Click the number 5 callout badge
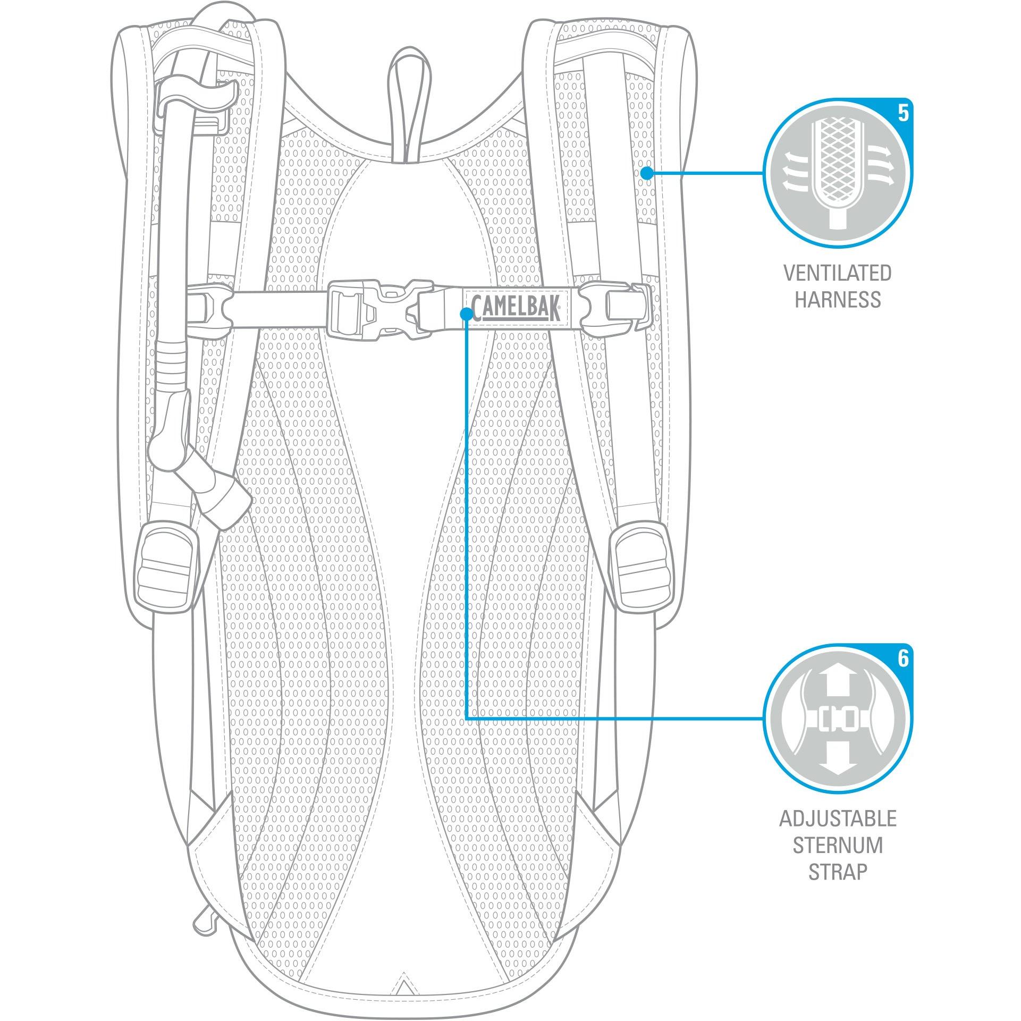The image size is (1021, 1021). tap(902, 114)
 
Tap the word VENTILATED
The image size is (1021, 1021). tap(838, 273)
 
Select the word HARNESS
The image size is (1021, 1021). tap(838, 300)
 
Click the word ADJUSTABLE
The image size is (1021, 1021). tap(838, 819)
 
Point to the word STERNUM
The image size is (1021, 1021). tap(838, 845)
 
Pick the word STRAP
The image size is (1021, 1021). tap(838, 872)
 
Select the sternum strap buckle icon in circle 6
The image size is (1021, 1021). tap(838, 719)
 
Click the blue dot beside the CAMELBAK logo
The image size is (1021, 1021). tap(466, 314)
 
